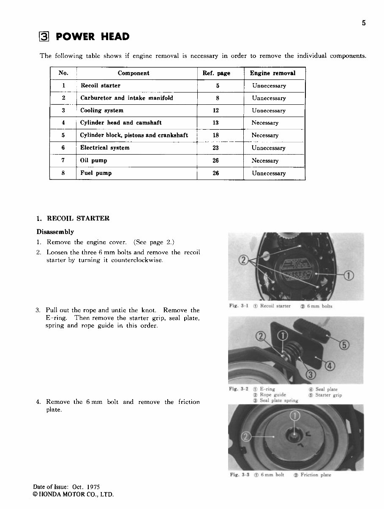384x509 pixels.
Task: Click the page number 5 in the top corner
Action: [363, 23]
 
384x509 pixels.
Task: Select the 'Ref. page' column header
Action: [216, 73]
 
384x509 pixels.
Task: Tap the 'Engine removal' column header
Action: [272, 73]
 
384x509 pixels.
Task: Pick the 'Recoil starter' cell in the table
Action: [101, 86]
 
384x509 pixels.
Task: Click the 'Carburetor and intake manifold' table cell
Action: [126, 98]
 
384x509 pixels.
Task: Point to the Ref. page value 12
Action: [216, 111]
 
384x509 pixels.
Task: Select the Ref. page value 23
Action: [216, 148]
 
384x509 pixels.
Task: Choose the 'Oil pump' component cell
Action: [93, 161]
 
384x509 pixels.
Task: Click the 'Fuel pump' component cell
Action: [96, 173]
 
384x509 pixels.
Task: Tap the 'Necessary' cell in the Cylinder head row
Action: [265, 123]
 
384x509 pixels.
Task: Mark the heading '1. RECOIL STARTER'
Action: [73, 218]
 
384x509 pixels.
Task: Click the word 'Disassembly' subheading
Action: [55, 232]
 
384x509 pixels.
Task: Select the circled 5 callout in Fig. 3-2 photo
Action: [345, 345]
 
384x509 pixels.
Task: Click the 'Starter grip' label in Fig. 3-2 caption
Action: [329, 395]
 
